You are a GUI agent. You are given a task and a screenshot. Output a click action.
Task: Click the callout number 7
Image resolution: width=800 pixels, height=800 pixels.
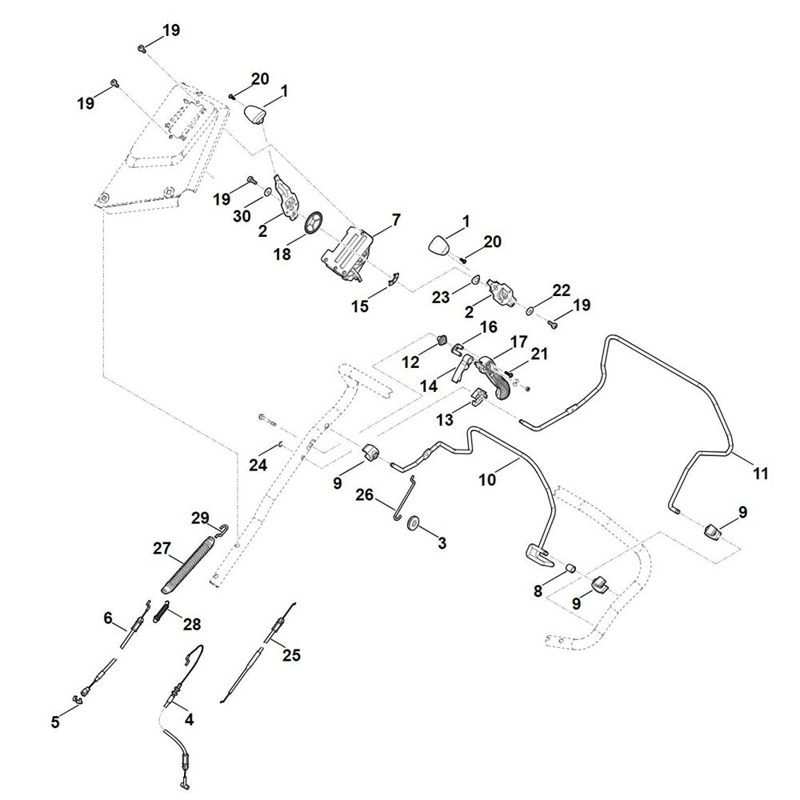coord(396,218)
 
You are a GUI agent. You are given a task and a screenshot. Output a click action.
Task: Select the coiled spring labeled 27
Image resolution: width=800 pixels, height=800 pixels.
coord(190,564)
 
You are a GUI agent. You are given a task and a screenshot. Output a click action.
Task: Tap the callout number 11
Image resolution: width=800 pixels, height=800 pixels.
coord(760,474)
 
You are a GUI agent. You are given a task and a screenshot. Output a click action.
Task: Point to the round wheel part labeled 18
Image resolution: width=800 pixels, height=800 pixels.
coord(313,223)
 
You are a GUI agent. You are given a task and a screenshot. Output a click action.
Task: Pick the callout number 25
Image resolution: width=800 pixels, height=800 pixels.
coord(293,656)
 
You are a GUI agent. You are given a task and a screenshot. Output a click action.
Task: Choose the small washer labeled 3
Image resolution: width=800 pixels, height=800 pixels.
coord(414,524)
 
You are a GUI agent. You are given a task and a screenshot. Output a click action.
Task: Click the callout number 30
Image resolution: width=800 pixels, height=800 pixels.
coord(242,217)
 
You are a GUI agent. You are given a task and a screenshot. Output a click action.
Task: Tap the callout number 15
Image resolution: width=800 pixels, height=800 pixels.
coord(361,306)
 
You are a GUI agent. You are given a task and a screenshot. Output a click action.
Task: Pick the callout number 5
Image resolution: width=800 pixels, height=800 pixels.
coord(55,722)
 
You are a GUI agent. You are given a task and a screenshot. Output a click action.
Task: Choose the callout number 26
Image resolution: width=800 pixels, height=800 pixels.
coord(364,496)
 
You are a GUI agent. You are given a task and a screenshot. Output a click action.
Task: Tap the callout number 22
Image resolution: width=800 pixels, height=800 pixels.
coord(562,289)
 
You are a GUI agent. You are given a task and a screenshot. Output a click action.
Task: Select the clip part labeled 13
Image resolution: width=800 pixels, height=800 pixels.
coord(478,394)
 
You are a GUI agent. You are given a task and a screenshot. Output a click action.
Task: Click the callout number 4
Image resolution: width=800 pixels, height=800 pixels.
coord(189,718)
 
